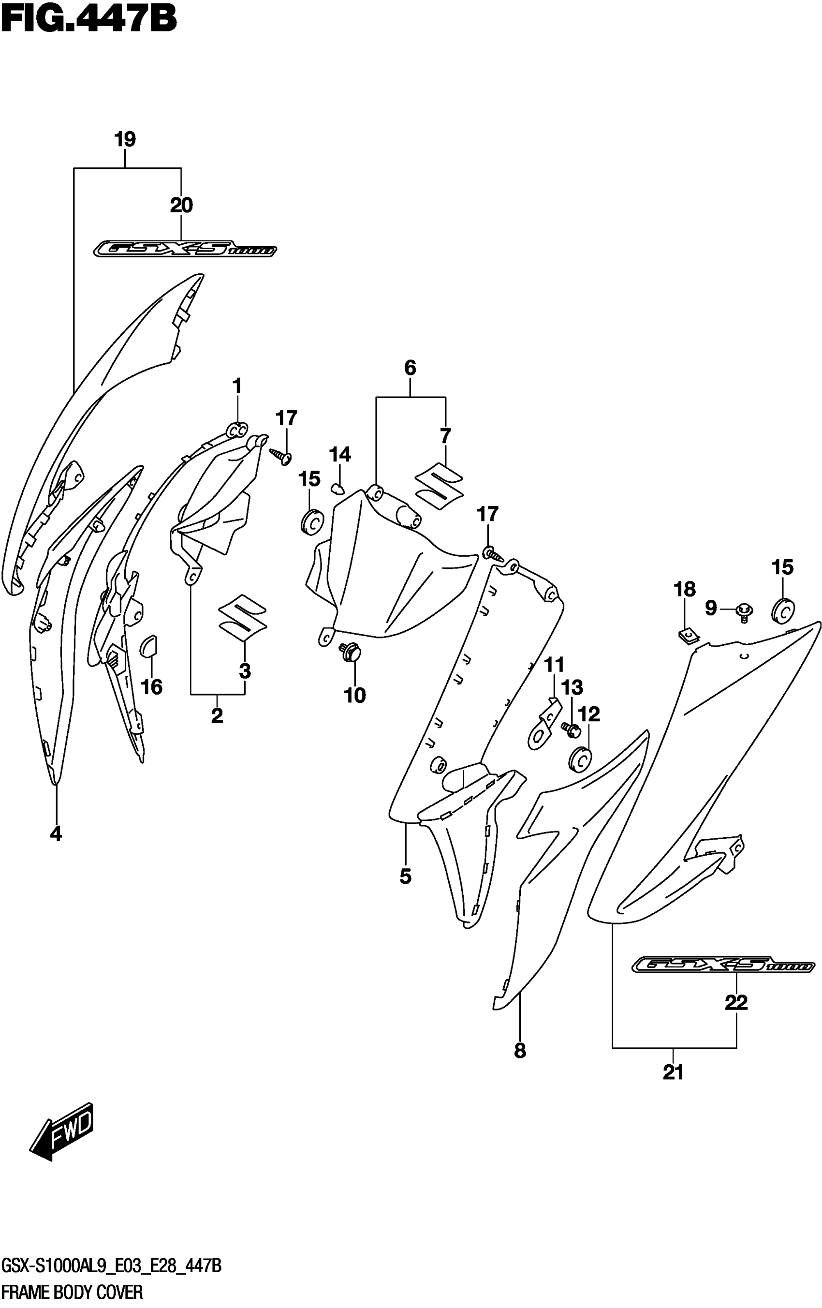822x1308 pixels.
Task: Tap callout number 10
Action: tap(355, 695)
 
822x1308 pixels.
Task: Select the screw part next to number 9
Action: tap(743, 611)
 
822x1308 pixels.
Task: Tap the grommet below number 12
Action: tap(580, 759)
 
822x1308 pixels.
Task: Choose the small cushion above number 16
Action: tap(148, 646)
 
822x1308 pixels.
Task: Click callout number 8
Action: tap(520, 1051)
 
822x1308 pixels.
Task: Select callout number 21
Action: tap(673, 1072)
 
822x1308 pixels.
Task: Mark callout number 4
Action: tap(56, 833)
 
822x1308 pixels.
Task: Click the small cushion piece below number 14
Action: tap(338, 489)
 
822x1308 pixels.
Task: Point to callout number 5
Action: tap(406, 876)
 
